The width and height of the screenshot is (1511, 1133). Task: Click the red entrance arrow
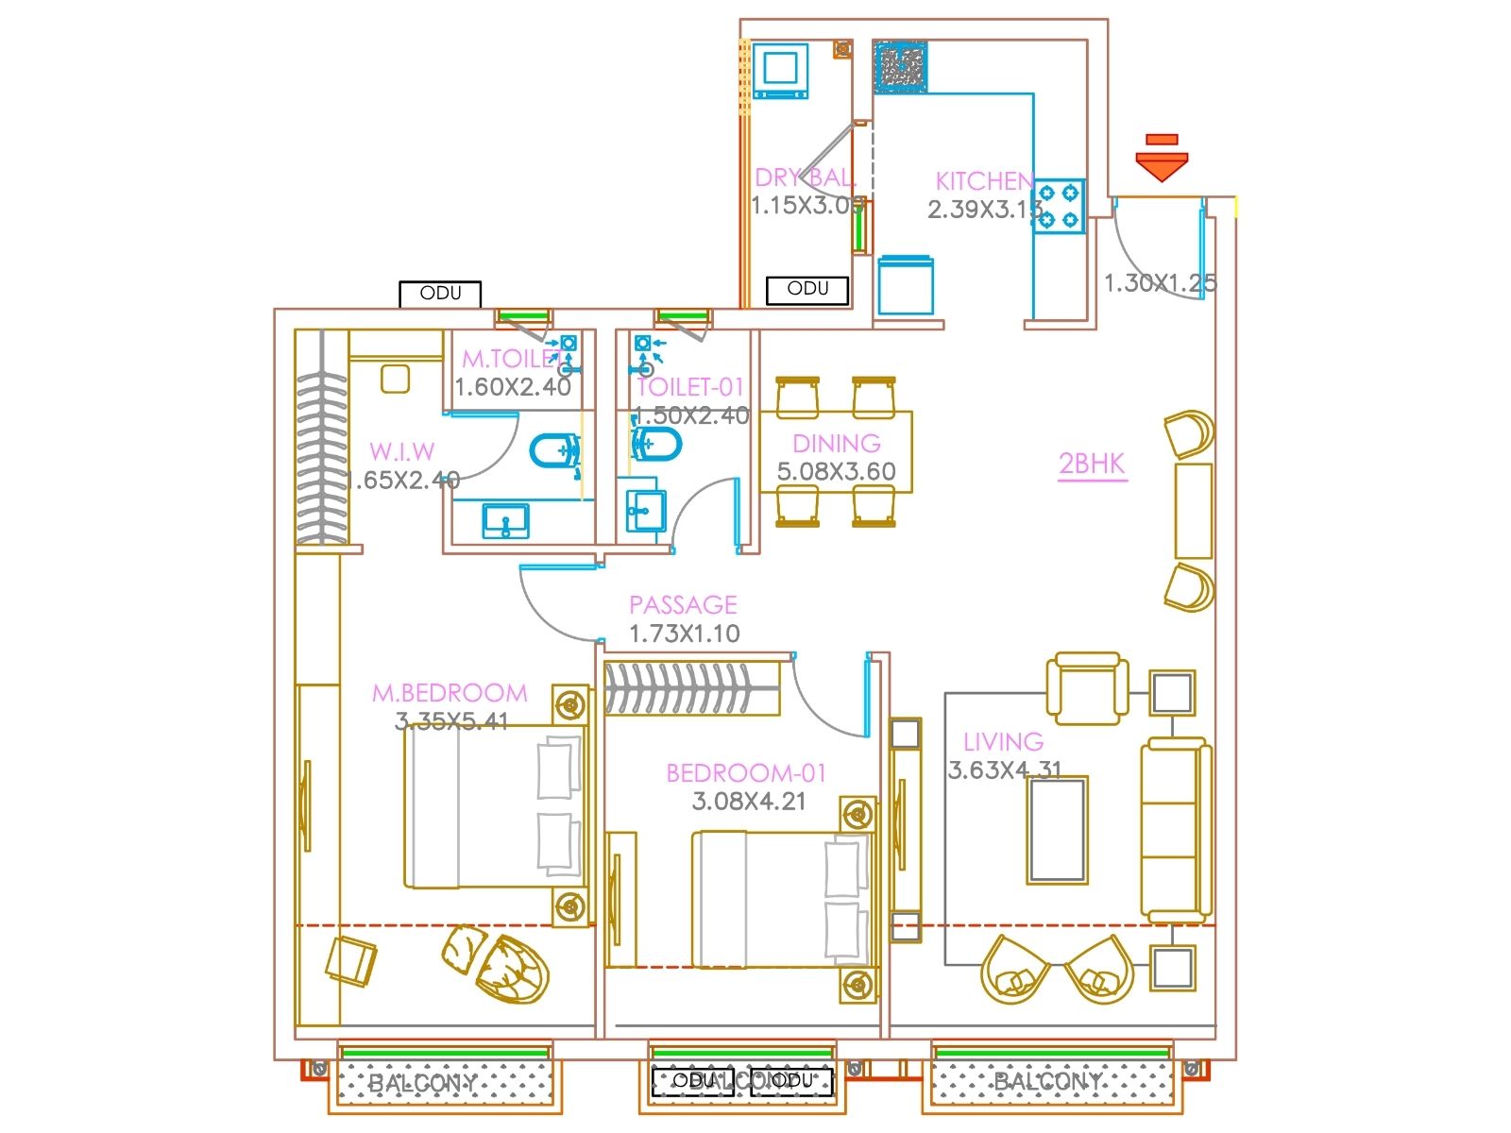tap(1161, 161)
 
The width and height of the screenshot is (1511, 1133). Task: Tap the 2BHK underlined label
tap(1092, 464)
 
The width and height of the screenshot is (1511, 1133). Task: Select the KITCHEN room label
tap(983, 180)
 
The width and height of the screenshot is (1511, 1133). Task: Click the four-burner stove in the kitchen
tap(1058, 206)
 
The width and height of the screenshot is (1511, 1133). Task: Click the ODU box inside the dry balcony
tap(807, 289)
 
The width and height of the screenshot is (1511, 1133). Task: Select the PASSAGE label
tap(683, 604)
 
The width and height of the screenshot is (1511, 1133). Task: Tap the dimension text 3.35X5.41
tap(451, 722)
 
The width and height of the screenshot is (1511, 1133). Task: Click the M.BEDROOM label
tap(450, 693)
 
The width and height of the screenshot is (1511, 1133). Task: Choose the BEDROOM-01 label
tap(746, 773)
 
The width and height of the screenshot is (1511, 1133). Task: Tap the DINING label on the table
tap(836, 443)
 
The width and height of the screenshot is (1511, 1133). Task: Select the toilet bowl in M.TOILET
tap(555, 451)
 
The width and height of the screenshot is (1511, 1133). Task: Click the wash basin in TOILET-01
tap(646, 511)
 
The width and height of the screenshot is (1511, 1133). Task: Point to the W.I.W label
tap(401, 451)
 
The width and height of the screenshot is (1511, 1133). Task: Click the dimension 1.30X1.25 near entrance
tap(1160, 282)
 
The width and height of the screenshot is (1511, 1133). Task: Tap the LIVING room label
tap(1003, 742)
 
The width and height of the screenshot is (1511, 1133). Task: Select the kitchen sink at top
tap(900, 67)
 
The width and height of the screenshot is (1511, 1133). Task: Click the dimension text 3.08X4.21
tap(749, 803)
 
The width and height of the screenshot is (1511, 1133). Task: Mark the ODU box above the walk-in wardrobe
tap(440, 294)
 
